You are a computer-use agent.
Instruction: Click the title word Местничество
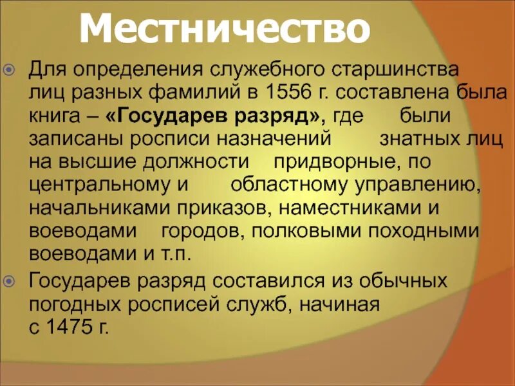point(225,29)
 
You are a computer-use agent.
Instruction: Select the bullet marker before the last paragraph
point(18,280)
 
